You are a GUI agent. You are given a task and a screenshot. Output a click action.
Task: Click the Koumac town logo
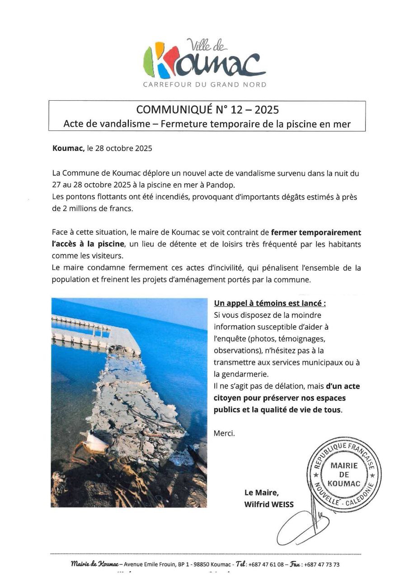204,60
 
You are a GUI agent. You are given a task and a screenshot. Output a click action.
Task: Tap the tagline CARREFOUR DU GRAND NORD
205,84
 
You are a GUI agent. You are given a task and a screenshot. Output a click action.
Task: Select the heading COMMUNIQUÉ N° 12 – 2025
207,110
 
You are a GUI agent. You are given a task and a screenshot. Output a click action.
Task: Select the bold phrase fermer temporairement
316,233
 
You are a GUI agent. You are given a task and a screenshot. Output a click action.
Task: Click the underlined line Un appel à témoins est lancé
269,303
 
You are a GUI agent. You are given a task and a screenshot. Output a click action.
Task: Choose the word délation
280,386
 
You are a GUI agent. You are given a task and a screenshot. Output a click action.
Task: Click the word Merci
224,433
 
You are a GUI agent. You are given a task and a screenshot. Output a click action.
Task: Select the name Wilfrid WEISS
268,504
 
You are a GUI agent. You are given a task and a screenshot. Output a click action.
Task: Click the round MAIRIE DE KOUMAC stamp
344,475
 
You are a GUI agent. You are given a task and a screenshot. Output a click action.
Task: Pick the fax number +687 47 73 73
322,564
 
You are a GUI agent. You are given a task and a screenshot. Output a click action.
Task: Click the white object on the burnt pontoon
96,441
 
